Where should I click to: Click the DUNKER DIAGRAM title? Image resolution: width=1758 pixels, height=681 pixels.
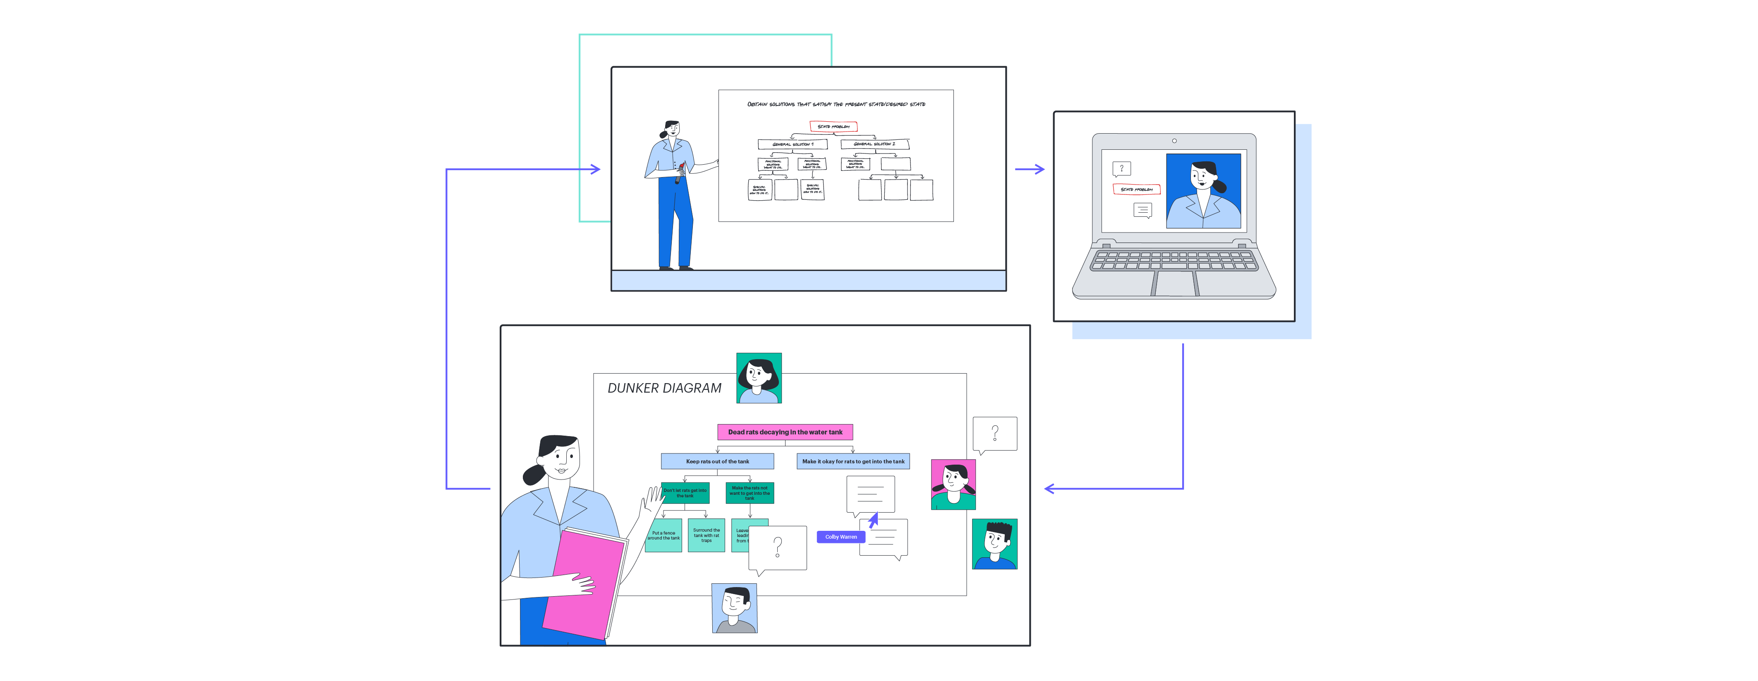click(x=664, y=388)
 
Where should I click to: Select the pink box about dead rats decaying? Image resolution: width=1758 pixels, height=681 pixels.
click(x=785, y=432)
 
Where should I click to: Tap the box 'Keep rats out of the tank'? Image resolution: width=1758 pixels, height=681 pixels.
click(x=717, y=461)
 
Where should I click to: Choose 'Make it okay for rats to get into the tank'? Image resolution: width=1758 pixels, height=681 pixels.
click(x=853, y=461)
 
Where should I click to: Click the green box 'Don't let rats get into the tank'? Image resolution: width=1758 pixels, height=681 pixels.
click(x=685, y=493)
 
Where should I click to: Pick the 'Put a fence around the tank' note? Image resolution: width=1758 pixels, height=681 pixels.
click(x=663, y=536)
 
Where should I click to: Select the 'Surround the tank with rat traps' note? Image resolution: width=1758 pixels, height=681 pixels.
click(x=707, y=536)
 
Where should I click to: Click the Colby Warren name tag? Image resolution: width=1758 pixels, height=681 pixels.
click(x=841, y=537)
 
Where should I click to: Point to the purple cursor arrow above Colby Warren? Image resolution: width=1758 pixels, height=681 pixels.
click(x=874, y=520)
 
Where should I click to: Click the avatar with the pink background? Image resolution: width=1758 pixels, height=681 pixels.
click(x=953, y=484)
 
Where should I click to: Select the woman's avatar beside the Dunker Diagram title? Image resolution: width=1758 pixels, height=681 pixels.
click(x=759, y=378)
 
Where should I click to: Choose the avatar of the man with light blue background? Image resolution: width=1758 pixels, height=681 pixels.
click(x=734, y=608)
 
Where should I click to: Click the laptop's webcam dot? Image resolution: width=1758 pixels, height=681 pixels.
click(x=1174, y=141)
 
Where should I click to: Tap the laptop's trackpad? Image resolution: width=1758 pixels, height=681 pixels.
click(x=1174, y=283)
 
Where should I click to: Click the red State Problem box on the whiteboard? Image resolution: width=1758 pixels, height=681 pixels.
click(x=833, y=126)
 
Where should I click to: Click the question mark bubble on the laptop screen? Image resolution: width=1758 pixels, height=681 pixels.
click(x=1121, y=168)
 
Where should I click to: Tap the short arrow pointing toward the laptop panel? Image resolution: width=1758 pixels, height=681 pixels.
click(x=1030, y=169)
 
